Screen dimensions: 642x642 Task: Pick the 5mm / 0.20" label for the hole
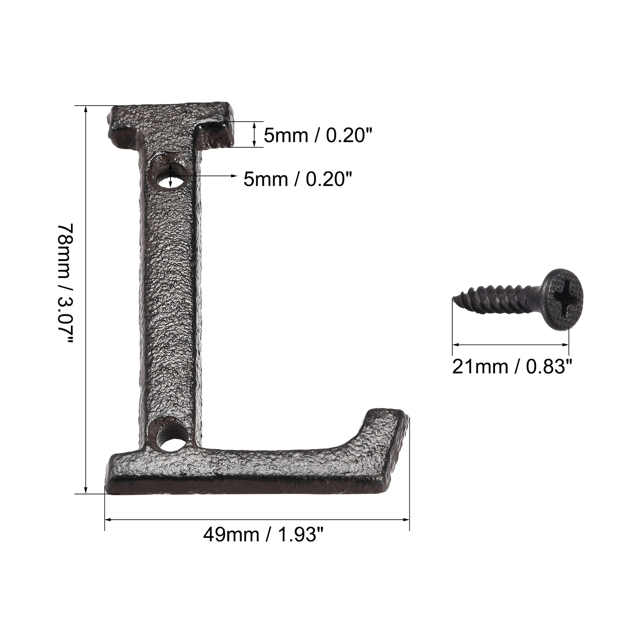(x=298, y=179)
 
